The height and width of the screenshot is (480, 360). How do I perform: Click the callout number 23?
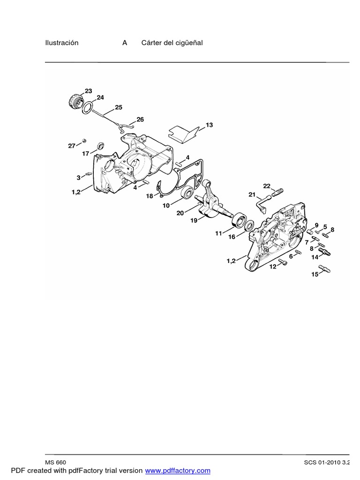coord(88,91)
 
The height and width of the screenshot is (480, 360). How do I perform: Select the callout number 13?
coord(209,125)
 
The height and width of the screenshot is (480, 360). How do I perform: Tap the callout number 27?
coord(72,146)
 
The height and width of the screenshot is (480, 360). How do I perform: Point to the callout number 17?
coord(86,153)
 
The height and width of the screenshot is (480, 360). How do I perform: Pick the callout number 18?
coord(150,196)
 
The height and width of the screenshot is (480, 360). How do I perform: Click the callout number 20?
coord(180,213)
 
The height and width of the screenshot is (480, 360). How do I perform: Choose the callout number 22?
coord(267,186)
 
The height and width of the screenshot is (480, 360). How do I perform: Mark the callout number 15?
coord(315,274)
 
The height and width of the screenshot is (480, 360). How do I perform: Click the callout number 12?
coord(272,267)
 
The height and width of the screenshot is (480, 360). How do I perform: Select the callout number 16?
coord(232,237)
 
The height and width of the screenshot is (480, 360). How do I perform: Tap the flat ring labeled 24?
coord(87,109)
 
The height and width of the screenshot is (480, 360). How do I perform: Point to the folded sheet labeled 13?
coord(183,133)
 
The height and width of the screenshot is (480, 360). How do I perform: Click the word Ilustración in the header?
coord(61,43)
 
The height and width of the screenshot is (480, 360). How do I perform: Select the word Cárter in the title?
coord(151,43)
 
